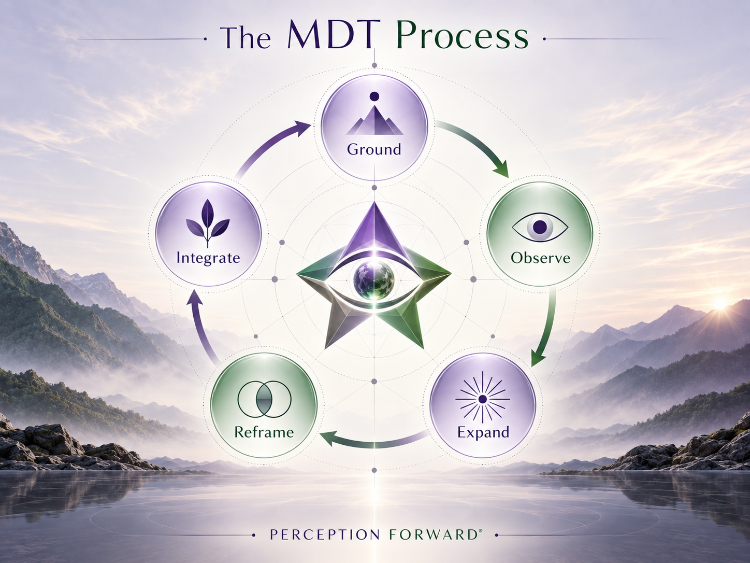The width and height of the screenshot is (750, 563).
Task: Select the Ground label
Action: click(x=374, y=150)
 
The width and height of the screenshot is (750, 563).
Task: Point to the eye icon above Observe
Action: click(x=540, y=227)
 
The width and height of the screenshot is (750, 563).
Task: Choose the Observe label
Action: click(x=541, y=258)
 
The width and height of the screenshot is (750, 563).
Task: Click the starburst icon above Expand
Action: click(x=482, y=399)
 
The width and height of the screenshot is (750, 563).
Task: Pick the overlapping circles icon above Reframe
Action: click(x=264, y=399)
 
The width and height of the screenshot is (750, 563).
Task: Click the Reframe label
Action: click(x=264, y=432)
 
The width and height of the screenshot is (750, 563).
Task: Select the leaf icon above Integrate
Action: click(x=208, y=223)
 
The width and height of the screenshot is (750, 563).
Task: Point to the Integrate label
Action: click(x=208, y=258)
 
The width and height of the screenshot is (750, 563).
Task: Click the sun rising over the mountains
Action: click(x=719, y=304)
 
